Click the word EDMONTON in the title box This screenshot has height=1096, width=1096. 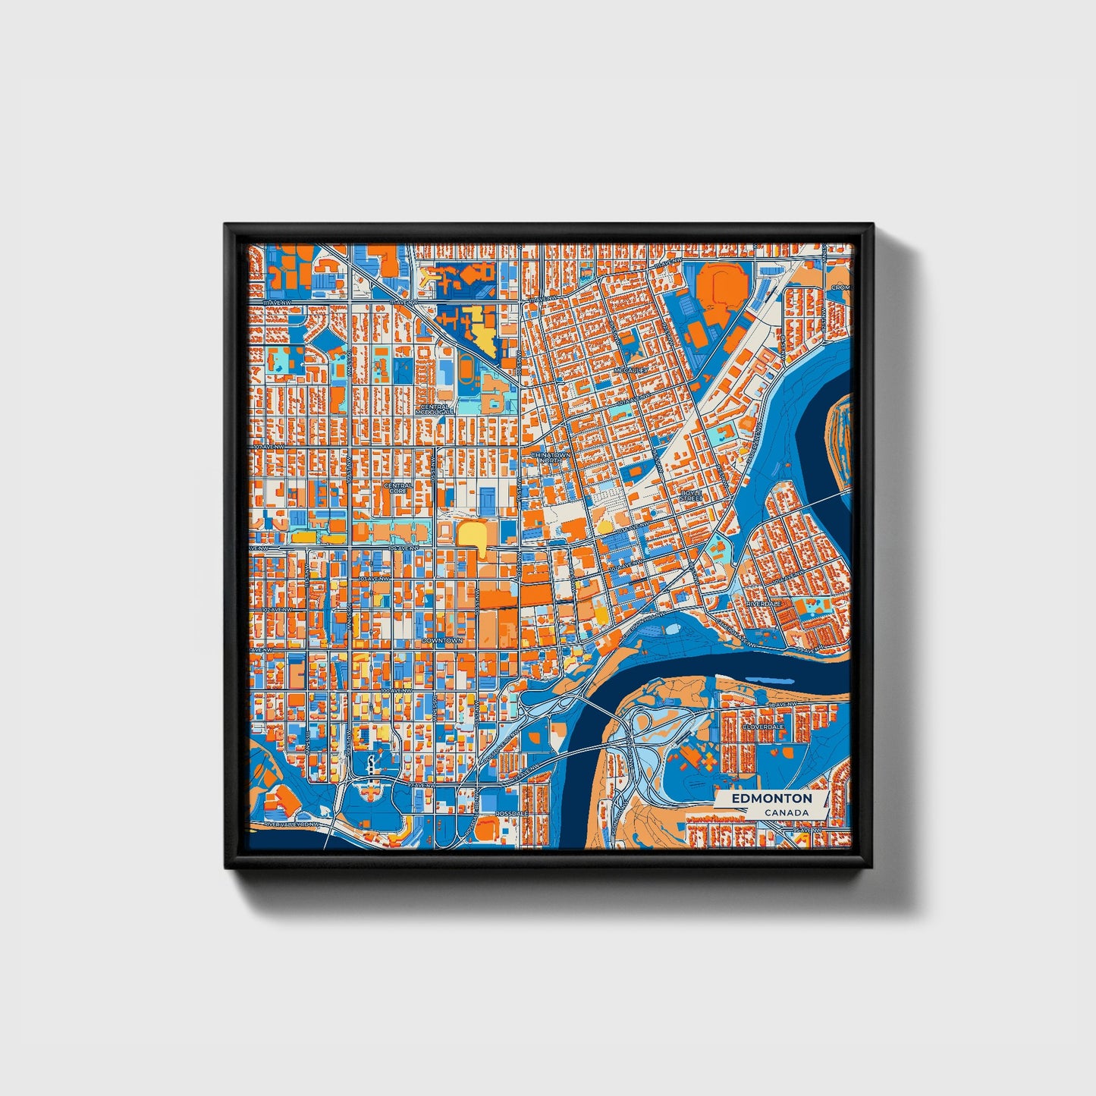771,799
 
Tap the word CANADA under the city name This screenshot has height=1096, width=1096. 786,813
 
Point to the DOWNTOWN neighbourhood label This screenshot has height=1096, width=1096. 441,640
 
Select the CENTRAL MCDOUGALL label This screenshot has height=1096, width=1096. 434,409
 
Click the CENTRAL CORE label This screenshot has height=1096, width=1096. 398,488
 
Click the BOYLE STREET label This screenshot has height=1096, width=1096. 690,495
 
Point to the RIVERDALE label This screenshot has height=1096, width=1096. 764,602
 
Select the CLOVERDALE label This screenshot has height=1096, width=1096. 762,726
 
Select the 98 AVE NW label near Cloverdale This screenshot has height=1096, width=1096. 783,705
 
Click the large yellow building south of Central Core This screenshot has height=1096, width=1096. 473,535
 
